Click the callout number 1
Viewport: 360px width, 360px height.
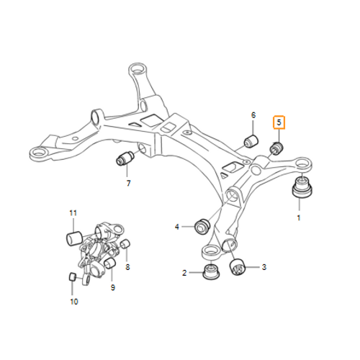click(299, 218)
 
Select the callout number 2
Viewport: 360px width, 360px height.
click(184, 273)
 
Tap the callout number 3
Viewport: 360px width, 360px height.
click(264, 267)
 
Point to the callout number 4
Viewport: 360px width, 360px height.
click(177, 227)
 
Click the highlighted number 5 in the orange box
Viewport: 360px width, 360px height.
click(279, 122)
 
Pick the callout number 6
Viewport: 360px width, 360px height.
click(253, 115)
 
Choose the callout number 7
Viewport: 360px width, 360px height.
click(128, 184)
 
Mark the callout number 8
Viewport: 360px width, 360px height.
click(127, 267)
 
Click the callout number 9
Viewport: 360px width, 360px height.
click(113, 287)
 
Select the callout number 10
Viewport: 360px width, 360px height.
click(74, 302)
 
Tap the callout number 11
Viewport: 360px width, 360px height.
click(73, 213)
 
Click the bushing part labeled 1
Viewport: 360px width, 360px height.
click(302, 188)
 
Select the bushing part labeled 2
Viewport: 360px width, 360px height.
click(211, 271)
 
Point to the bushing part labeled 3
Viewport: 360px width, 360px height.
click(237, 267)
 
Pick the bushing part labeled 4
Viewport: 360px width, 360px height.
click(202, 226)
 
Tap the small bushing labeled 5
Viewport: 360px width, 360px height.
click(276, 148)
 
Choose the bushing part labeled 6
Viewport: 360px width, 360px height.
click(251, 141)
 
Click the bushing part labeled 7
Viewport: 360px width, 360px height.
click(125, 158)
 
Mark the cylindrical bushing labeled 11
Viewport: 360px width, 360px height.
click(74, 238)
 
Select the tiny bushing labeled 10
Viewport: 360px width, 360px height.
click(73, 276)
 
